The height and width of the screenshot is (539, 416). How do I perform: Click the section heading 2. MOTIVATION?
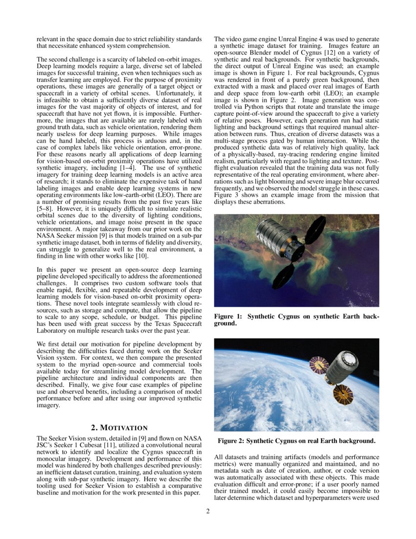[119, 428]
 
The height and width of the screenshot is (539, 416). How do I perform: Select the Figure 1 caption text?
[296, 320]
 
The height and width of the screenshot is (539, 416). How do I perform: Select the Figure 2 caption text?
[297, 441]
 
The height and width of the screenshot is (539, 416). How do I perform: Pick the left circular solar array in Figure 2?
[319, 365]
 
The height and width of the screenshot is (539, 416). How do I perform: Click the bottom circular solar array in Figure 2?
[343, 394]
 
